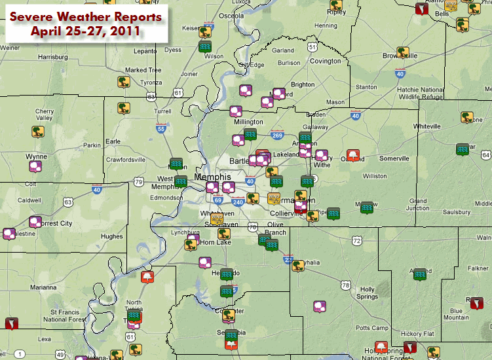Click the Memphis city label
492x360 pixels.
point(213,177)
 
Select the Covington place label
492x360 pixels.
point(326,61)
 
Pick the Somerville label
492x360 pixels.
point(394,158)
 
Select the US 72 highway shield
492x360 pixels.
point(356,242)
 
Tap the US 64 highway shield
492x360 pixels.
point(485,154)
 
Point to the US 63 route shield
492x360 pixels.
point(68,203)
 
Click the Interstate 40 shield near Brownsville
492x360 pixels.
point(399,75)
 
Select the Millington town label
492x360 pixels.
point(248,122)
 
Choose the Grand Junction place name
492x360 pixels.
point(418,205)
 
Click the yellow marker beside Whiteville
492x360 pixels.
point(467,118)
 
